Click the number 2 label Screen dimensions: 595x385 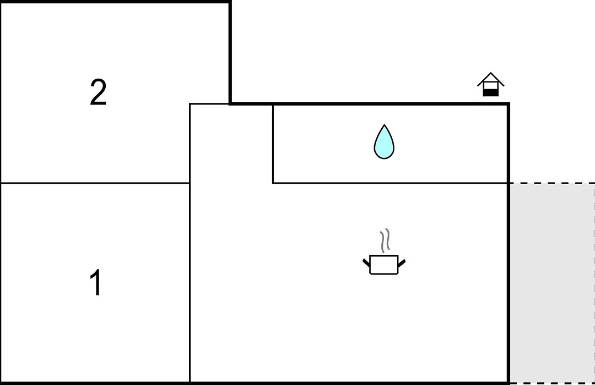coord(98,92)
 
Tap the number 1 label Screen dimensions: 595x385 coord(96,282)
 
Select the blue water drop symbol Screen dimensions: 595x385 coord(384,142)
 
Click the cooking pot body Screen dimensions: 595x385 coord(383,265)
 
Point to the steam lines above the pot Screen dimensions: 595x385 coord(385,240)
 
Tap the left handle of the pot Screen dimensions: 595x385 coord(366,262)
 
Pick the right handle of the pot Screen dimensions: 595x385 coord(402,262)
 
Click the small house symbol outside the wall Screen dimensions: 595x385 coord(491,84)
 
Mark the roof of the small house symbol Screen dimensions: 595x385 coord(491,79)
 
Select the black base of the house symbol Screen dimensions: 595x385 coord(491,92)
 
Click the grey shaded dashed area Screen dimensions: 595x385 coord(552,283)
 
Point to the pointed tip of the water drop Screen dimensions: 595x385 coord(385,125)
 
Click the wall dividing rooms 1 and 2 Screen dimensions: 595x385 coord(95,183)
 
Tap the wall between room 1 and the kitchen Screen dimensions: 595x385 coord(190,283)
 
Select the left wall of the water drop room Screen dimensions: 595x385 coord(273,144)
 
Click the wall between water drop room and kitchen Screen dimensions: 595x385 coord(390,183)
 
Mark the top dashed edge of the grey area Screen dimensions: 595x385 coord(552,183)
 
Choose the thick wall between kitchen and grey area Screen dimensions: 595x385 coord(508,283)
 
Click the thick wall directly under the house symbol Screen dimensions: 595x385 coord(491,103)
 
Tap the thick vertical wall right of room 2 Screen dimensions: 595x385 coord(230,52)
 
